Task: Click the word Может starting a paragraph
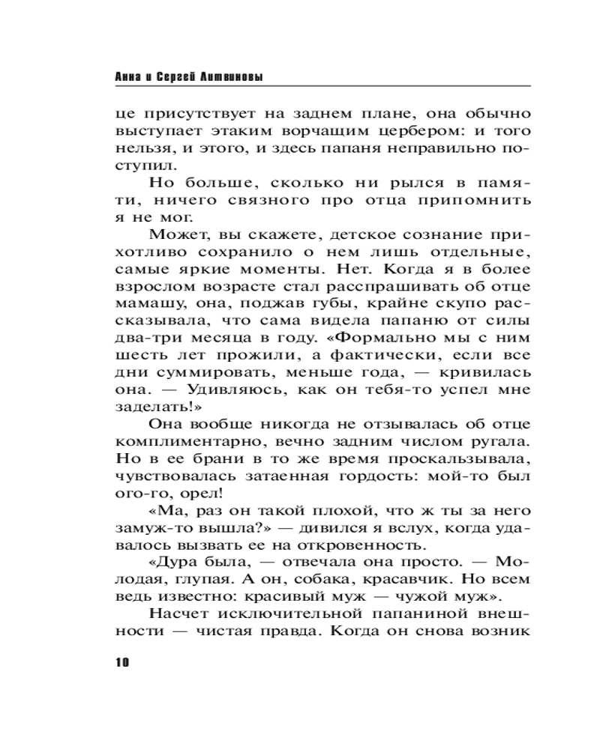click(x=178, y=235)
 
